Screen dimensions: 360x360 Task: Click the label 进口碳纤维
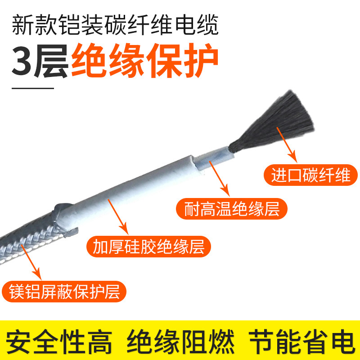(x=310, y=175)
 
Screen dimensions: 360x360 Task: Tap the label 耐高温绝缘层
(x=231, y=209)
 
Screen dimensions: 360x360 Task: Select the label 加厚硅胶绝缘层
(x=148, y=246)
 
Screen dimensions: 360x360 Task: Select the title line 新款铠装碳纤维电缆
(x=115, y=26)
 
